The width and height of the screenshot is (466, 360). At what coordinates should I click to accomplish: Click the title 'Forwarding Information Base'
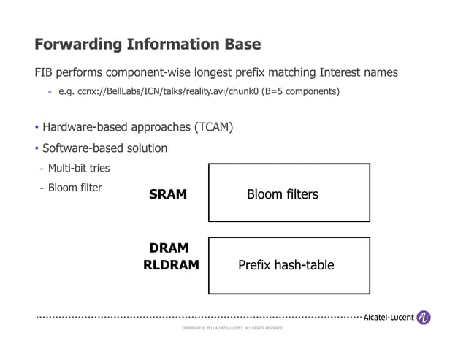pos(148,44)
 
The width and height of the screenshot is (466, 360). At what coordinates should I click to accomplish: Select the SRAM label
pos(168,194)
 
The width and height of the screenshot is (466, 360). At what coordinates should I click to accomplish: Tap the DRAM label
pos(169,248)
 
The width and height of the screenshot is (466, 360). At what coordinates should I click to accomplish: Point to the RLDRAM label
pos(170,265)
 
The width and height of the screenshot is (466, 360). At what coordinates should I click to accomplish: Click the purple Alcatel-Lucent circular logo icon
pos(424,318)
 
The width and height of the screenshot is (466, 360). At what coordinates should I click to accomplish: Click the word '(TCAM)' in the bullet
pos(213,128)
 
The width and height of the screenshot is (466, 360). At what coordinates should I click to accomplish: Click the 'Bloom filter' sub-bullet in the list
pos(75,188)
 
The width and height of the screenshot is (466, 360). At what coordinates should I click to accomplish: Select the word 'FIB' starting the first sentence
pos(45,73)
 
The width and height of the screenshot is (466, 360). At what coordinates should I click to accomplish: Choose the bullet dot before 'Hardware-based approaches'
pos(37,129)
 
